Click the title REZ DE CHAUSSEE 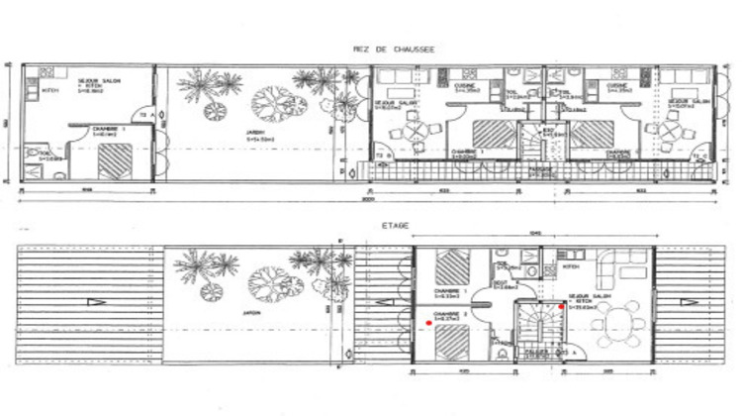click(393, 48)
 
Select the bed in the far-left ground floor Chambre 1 click(116, 157)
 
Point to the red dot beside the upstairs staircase click(562, 308)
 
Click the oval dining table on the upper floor click(620, 322)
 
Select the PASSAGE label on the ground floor click(539, 170)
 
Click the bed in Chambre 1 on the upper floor click(452, 266)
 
